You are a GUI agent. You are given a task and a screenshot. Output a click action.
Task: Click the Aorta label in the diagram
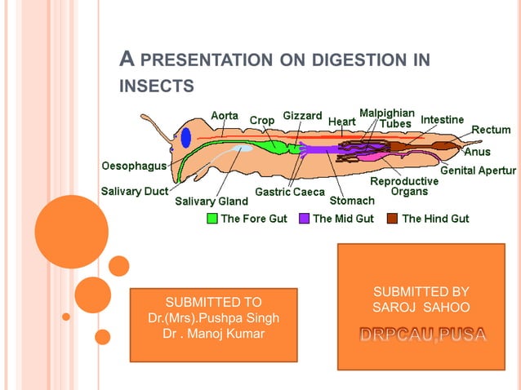[x=225, y=116]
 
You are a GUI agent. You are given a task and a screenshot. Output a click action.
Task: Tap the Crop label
[x=262, y=121]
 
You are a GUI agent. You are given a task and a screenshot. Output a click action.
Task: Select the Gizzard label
[x=302, y=116]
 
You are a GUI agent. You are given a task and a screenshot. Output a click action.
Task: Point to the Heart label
[x=341, y=122]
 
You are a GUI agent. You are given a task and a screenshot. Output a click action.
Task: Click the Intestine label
[x=442, y=119]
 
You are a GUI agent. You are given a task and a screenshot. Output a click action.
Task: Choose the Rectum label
[x=491, y=130]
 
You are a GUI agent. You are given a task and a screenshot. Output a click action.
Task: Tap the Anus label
[x=477, y=151]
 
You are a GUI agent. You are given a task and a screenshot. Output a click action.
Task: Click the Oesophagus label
[x=134, y=166]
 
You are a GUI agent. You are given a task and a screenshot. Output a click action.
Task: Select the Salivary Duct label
[x=134, y=191]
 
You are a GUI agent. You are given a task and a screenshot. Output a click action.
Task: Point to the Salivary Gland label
[x=212, y=201]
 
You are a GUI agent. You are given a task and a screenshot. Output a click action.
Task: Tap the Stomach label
[x=352, y=200]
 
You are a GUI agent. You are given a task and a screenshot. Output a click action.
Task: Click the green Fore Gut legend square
[x=212, y=219]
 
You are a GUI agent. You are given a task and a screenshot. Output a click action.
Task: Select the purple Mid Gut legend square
[x=304, y=219]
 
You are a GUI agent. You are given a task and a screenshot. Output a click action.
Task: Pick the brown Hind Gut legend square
[x=393, y=219]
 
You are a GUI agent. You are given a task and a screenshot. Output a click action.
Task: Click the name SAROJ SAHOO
[x=421, y=308]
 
